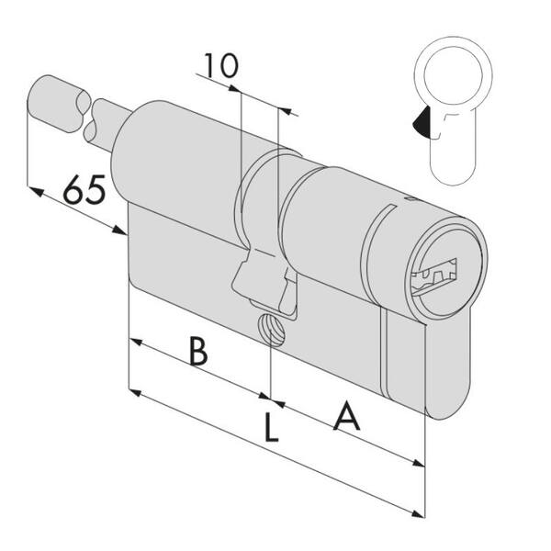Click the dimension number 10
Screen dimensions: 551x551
[221, 66]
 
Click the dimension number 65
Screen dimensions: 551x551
[84, 190]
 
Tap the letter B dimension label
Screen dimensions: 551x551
[198, 351]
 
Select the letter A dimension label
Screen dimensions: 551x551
[347, 415]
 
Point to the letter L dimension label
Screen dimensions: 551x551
[271, 428]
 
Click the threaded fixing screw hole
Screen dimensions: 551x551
[271, 330]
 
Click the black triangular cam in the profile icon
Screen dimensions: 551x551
[421, 122]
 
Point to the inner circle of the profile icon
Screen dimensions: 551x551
[453, 76]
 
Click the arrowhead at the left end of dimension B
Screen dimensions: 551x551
[136, 342]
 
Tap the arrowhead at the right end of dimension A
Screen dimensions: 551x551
[418, 463]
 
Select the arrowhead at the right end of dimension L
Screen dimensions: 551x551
[418, 514]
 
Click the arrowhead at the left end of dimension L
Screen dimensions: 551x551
[136, 392]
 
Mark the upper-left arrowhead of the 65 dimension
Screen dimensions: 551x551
[37, 192]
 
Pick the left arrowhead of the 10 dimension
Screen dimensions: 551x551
[234, 88]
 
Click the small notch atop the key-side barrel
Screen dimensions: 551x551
[410, 199]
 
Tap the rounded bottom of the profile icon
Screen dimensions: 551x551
[453, 174]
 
